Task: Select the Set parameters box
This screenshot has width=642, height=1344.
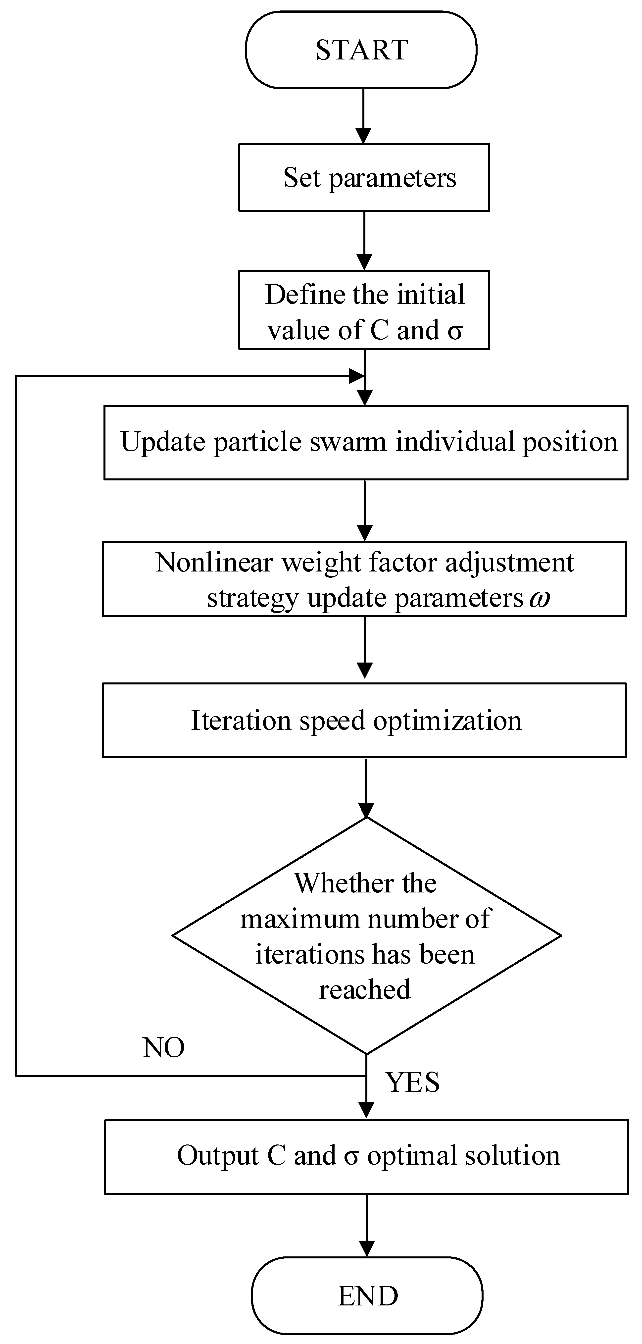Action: pos(364,177)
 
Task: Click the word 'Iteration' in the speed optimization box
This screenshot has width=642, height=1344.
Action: pos(241,721)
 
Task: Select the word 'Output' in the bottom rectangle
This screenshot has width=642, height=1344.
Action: pos(218,1156)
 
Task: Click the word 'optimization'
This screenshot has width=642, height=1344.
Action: pos(447,721)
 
